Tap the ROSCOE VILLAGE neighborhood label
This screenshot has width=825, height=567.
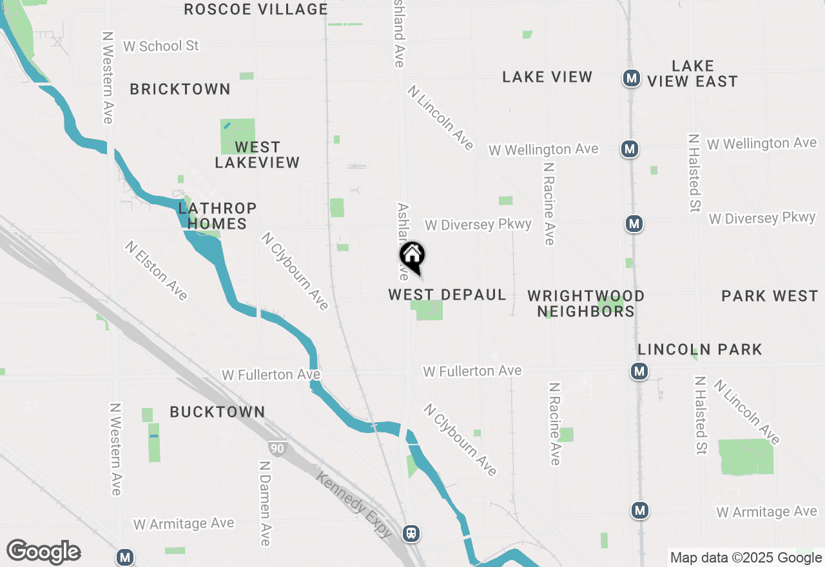(256, 9)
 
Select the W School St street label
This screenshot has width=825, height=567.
(160, 46)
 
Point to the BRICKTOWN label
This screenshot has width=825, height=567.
(180, 89)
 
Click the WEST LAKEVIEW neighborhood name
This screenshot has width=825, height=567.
(257, 155)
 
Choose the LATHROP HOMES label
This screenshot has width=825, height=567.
(217, 216)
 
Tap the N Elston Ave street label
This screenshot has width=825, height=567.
(157, 271)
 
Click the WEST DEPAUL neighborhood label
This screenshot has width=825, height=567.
(447, 294)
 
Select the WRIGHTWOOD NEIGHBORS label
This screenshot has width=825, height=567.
(585, 303)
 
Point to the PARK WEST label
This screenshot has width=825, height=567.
(770, 296)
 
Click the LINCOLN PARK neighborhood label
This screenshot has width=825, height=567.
(700, 349)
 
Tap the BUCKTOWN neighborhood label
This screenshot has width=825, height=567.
(217, 412)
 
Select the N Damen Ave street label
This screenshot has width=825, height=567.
(264, 502)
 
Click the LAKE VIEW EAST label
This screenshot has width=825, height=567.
(692, 73)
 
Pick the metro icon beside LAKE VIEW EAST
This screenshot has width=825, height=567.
(631, 79)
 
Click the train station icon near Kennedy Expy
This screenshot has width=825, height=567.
(411, 533)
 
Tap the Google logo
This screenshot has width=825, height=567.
(43, 552)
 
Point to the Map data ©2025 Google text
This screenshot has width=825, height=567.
(746, 558)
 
